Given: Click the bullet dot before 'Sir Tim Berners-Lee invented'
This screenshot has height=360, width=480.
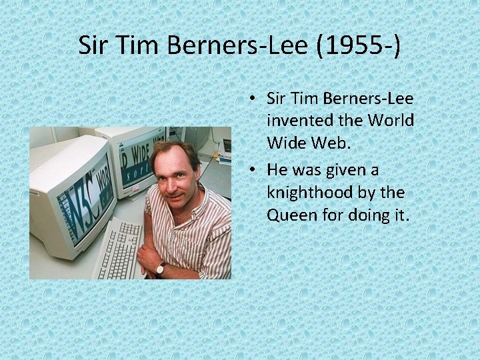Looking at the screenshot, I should tap(255, 100).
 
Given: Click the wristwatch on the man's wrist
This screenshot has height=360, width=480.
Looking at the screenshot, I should tap(161, 268).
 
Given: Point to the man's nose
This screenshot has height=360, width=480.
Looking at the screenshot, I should tap(167, 175).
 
